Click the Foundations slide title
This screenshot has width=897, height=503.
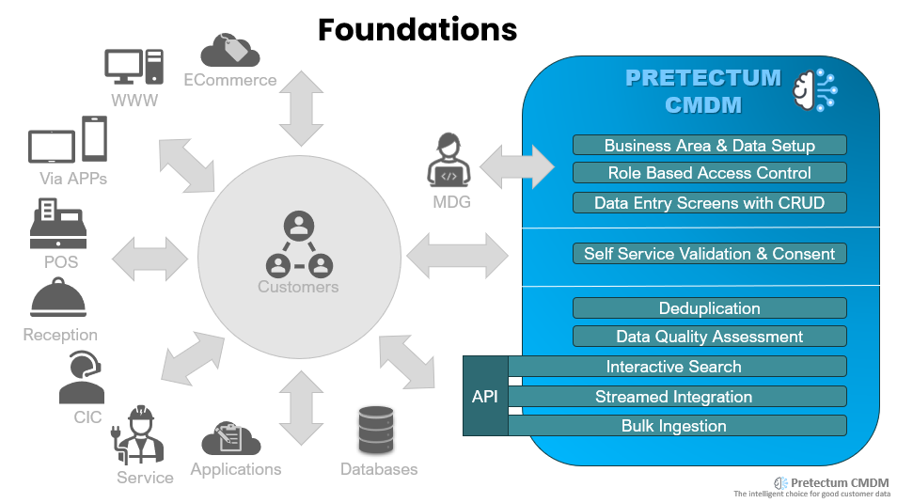417,30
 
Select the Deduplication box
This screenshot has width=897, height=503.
709,308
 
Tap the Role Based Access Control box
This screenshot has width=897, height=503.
709,173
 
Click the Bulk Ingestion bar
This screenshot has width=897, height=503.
677,426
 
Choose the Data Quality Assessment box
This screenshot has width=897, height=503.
709,337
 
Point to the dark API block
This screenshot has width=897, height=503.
485,396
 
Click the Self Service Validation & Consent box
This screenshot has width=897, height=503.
709,254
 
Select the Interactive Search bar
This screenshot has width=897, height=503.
677,367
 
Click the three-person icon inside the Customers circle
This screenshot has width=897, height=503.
298,245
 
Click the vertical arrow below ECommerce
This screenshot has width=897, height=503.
301,105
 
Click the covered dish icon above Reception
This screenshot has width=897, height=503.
59,301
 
